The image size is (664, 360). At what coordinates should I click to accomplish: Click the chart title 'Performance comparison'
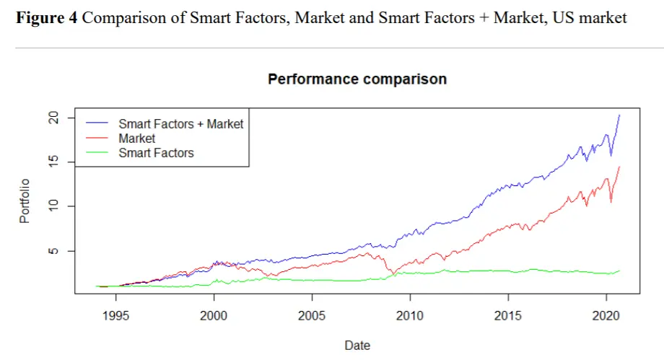pyautogui.click(x=357, y=79)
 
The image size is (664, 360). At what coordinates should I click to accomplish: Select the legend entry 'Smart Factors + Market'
pyautogui.click(x=180, y=124)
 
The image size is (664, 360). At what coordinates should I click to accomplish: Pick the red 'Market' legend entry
pyautogui.click(x=137, y=138)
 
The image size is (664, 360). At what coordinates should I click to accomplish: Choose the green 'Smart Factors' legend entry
pyautogui.click(x=156, y=152)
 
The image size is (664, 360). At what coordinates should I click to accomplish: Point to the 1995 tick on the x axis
pyautogui.click(x=115, y=316)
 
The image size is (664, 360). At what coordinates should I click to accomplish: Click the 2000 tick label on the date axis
pyautogui.click(x=213, y=316)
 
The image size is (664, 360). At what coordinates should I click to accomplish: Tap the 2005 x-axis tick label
pyautogui.click(x=311, y=316)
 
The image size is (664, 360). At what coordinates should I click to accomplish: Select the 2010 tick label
pyautogui.click(x=409, y=316)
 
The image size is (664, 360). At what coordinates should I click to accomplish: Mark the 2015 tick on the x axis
pyautogui.click(x=507, y=316)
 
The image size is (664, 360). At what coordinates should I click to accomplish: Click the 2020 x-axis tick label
pyautogui.click(x=606, y=316)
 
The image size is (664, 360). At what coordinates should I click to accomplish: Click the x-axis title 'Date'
pyautogui.click(x=357, y=346)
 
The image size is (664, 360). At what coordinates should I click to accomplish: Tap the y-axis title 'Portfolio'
pyautogui.click(x=25, y=201)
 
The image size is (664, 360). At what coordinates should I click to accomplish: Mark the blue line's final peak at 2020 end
pyautogui.click(x=619, y=115)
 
